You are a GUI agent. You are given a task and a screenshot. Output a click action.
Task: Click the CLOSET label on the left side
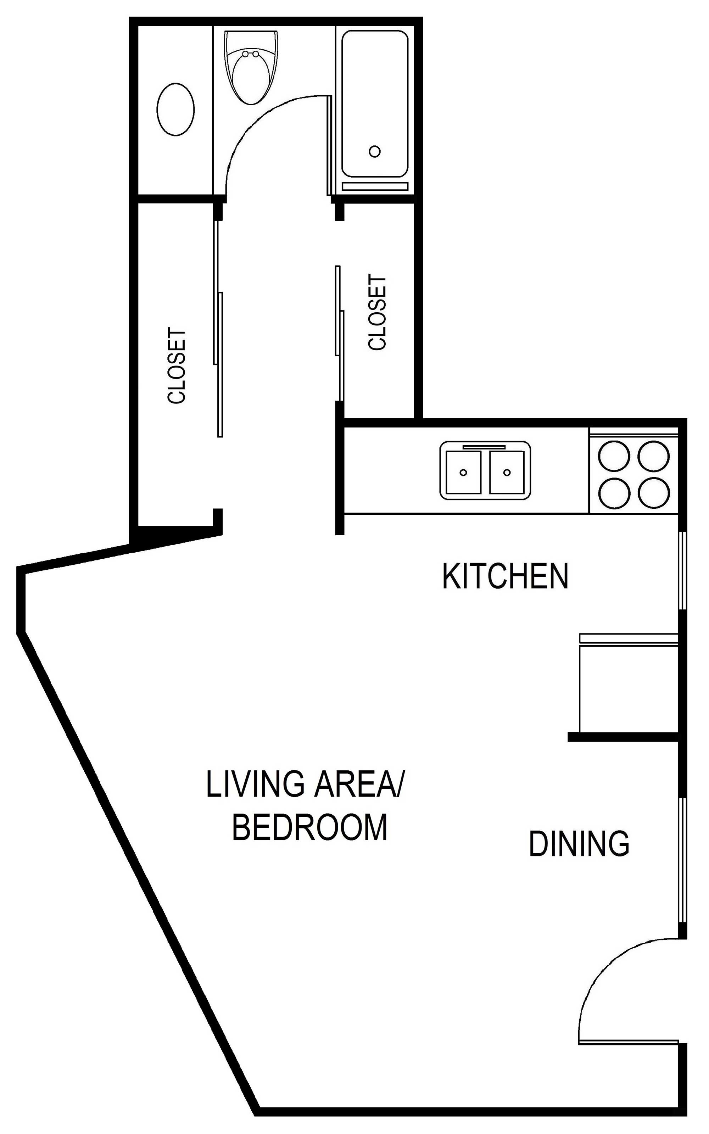[x=177, y=366]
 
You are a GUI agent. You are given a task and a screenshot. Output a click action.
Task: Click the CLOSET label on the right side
[x=378, y=313]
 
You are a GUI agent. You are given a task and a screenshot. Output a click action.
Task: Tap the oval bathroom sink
[x=175, y=110]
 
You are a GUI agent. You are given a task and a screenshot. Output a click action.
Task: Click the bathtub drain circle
[x=374, y=151]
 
